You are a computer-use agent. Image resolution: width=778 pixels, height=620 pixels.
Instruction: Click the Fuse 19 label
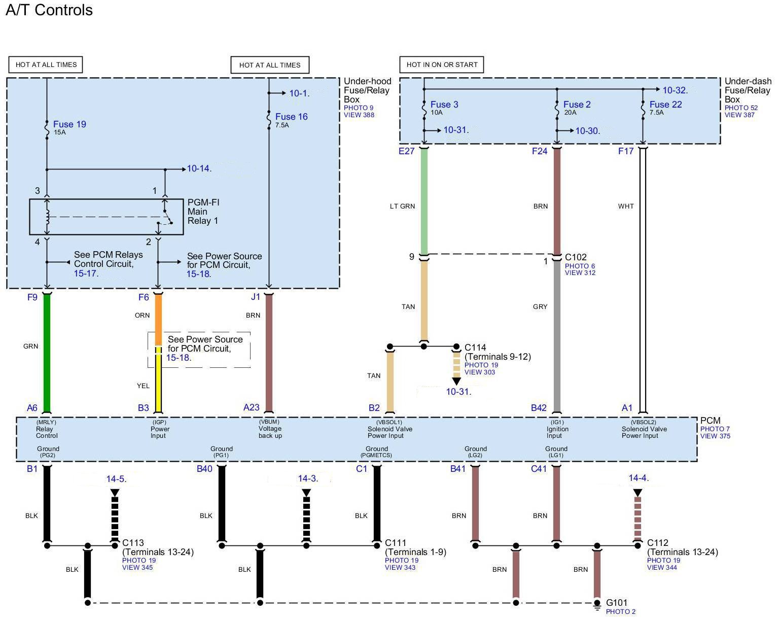[x=69, y=124]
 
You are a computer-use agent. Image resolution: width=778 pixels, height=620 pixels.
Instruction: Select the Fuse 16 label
[x=292, y=117]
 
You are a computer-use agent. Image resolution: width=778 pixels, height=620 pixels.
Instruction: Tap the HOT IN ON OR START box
[x=441, y=65]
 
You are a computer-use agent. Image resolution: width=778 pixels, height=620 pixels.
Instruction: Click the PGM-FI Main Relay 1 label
[x=203, y=212]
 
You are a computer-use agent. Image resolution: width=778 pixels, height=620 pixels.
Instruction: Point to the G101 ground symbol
[x=597, y=605]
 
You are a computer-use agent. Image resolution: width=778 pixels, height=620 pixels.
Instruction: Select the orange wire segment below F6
[x=158, y=320]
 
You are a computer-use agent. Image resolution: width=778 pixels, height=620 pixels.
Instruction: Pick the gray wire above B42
[x=557, y=336]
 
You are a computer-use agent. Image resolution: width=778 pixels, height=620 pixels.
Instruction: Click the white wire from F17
[x=643, y=280]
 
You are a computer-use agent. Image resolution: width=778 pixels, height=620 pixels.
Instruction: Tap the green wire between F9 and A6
[x=47, y=353]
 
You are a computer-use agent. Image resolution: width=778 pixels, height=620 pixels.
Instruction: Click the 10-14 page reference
[x=199, y=168]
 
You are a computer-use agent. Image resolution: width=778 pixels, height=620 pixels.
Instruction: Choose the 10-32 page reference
[x=675, y=90]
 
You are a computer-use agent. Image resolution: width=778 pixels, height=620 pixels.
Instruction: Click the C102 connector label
[x=576, y=257]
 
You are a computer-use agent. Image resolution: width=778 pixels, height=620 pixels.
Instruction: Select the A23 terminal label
[x=251, y=407]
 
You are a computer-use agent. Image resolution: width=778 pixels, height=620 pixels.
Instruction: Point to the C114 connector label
[x=475, y=348]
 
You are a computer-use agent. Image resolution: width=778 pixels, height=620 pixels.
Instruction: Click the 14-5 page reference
[x=116, y=479]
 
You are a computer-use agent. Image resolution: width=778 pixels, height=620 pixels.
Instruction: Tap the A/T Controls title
[x=49, y=10]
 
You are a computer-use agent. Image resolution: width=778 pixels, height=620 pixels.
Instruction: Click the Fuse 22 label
[x=665, y=104]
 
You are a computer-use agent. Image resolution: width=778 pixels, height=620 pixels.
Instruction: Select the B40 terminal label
[x=204, y=469]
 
